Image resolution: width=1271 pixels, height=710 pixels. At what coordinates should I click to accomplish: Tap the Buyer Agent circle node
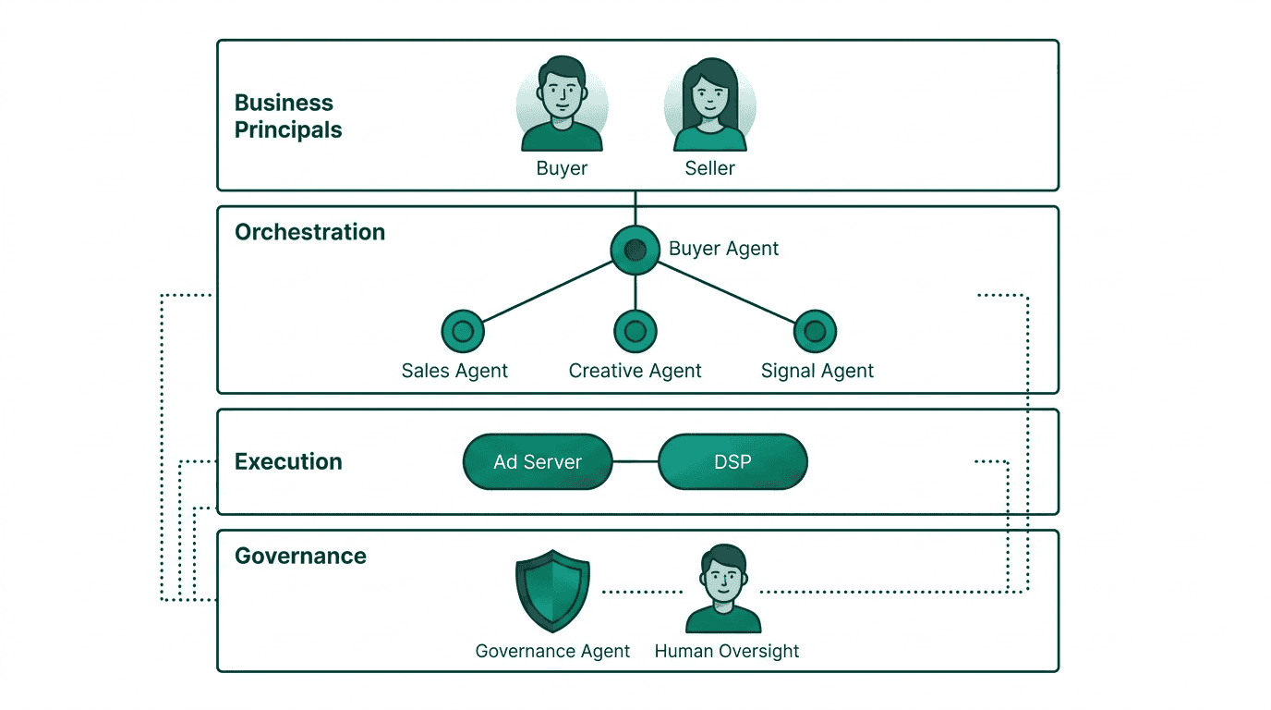point(635,250)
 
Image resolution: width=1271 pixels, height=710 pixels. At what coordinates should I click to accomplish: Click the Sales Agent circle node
point(463,331)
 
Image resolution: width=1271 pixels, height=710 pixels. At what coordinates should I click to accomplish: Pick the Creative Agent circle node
point(635,331)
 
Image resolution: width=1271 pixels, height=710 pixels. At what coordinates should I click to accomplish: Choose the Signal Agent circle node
point(815,331)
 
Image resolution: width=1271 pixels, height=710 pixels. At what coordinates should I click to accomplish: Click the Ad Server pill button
point(538,461)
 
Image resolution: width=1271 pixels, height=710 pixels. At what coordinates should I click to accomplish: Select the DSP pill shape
point(732,461)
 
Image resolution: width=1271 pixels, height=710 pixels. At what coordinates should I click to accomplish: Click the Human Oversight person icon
point(723,589)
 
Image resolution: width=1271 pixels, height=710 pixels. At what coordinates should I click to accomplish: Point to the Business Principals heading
point(288,116)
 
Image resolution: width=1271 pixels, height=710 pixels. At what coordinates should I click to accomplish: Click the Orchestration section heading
point(309,232)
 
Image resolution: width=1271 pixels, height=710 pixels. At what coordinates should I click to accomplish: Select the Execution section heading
point(288,461)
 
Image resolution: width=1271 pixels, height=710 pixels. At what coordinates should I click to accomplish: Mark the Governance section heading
point(300,556)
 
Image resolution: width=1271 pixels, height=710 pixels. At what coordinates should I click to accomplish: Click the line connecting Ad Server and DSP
point(635,461)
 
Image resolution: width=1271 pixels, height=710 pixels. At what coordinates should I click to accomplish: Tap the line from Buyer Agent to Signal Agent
point(725,290)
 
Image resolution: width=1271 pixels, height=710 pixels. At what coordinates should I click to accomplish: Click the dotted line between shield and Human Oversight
point(641,592)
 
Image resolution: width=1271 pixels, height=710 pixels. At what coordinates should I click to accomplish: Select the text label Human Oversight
point(726,651)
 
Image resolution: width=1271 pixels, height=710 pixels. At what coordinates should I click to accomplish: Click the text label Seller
point(709,168)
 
